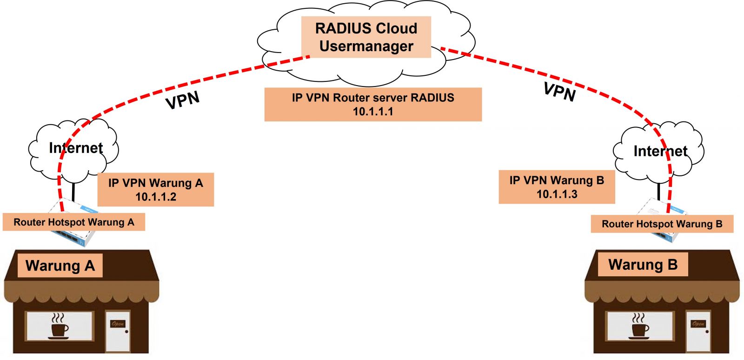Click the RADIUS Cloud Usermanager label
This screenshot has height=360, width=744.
[366, 37]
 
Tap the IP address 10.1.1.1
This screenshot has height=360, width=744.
[373, 112]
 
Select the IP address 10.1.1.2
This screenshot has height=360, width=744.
[156, 197]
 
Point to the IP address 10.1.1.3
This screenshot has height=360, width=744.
[557, 194]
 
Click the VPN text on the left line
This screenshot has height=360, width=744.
[183, 100]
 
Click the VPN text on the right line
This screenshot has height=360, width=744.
[560, 92]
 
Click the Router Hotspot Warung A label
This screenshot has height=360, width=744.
[73, 222]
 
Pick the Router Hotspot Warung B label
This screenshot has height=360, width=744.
[662, 224]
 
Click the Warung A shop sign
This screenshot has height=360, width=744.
[60, 266]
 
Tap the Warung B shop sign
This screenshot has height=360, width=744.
[643, 265]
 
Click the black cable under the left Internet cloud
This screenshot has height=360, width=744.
[73, 191]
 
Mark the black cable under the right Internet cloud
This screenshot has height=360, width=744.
[659, 191]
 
